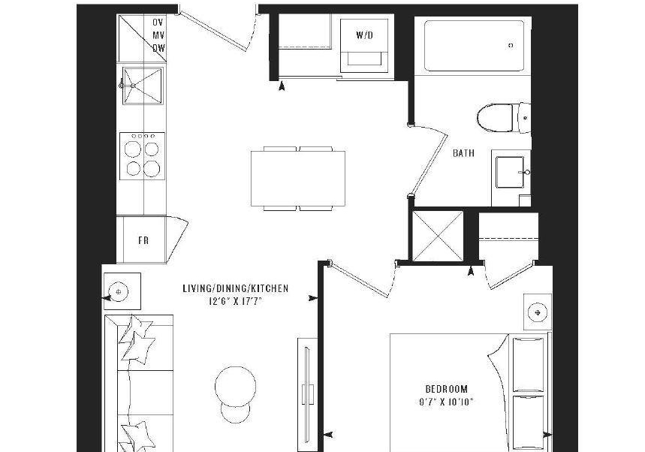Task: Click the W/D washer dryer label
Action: click(364, 35)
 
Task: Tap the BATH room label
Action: click(463, 153)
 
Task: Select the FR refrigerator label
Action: click(143, 240)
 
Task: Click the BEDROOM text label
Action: click(446, 389)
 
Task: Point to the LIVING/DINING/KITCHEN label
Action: click(236, 288)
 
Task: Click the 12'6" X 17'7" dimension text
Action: click(235, 302)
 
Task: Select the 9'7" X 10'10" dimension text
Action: click(446, 402)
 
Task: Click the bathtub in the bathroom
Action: click(474, 45)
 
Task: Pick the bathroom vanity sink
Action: click(510, 172)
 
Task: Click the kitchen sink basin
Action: click(143, 86)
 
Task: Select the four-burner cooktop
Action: click(143, 156)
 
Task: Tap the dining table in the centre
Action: click(298, 179)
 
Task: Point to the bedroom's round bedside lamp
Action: click(537, 312)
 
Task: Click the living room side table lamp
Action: click(119, 291)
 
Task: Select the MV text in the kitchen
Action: click(158, 35)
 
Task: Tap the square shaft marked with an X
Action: click(437, 236)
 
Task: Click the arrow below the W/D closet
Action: click(282, 86)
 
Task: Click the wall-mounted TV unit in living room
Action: click(307, 394)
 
